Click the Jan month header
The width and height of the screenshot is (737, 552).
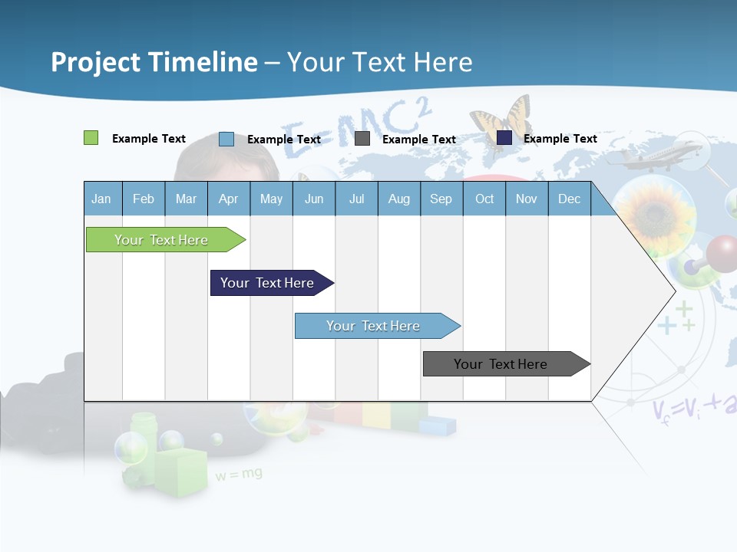tap(101, 199)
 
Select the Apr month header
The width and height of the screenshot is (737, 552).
tap(228, 199)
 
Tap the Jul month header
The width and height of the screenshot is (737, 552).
tap(356, 199)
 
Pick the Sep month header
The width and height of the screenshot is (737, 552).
tap(441, 199)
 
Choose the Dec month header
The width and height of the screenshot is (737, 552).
tap(569, 199)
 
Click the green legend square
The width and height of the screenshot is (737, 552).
tap(91, 138)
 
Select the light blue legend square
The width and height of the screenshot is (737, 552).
tap(226, 139)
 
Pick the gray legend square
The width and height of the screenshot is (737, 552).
tap(362, 139)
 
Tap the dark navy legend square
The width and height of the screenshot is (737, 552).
tap(504, 138)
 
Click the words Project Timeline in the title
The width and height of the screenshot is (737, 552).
tap(154, 61)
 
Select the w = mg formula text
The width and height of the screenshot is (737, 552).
tap(239, 475)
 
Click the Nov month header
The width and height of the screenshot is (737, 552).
tap(526, 199)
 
